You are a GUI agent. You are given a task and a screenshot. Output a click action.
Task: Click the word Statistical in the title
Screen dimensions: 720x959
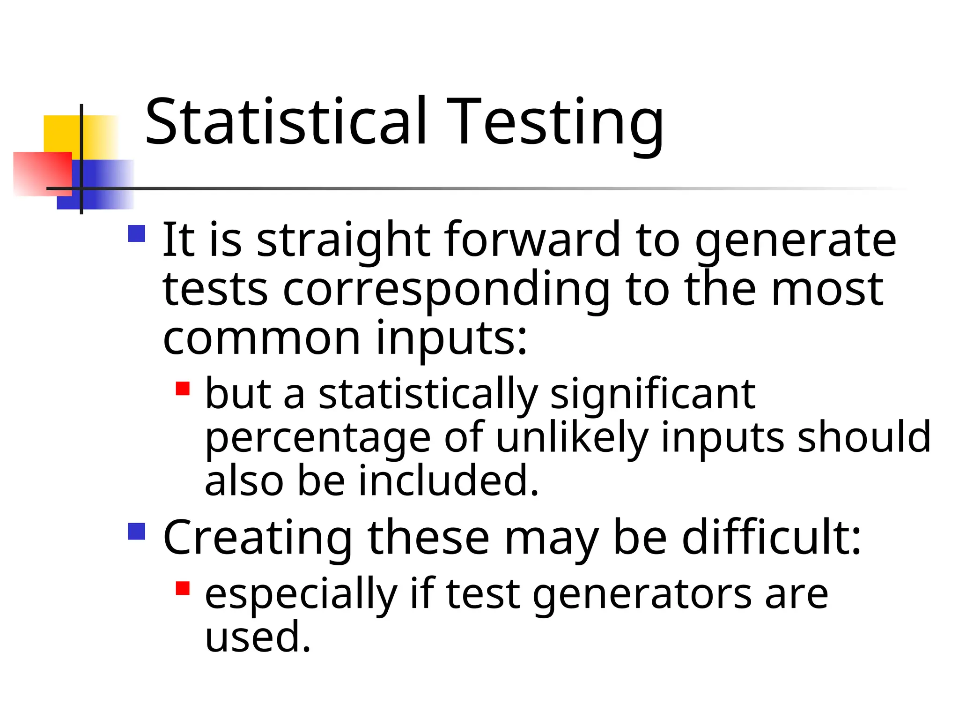(286, 122)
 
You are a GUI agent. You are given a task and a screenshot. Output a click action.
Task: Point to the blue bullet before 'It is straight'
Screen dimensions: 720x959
(136, 233)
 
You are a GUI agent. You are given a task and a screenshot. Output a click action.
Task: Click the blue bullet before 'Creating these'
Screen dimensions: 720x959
(136, 532)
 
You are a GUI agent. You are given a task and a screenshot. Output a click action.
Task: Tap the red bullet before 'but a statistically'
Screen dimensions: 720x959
(183, 389)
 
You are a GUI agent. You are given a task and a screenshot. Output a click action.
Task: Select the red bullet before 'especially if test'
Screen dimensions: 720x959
(183, 588)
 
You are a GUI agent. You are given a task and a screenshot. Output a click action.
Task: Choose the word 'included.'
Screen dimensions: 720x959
(449, 481)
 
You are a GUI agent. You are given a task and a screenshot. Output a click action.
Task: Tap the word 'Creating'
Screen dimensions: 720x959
(258, 538)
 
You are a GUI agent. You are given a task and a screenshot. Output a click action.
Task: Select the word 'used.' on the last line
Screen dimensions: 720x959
(258, 637)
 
